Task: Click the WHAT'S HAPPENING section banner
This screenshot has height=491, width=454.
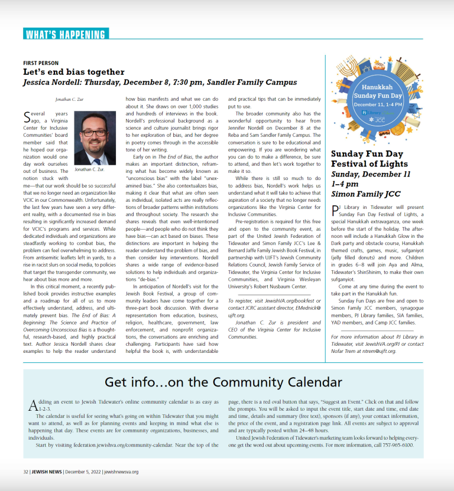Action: click(x=65, y=34)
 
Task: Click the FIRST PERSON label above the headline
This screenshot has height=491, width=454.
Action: click(x=41, y=63)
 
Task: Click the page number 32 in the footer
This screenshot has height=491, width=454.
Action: click(x=25, y=472)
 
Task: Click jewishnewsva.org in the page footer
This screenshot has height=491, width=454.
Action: click(x=121, y=472)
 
